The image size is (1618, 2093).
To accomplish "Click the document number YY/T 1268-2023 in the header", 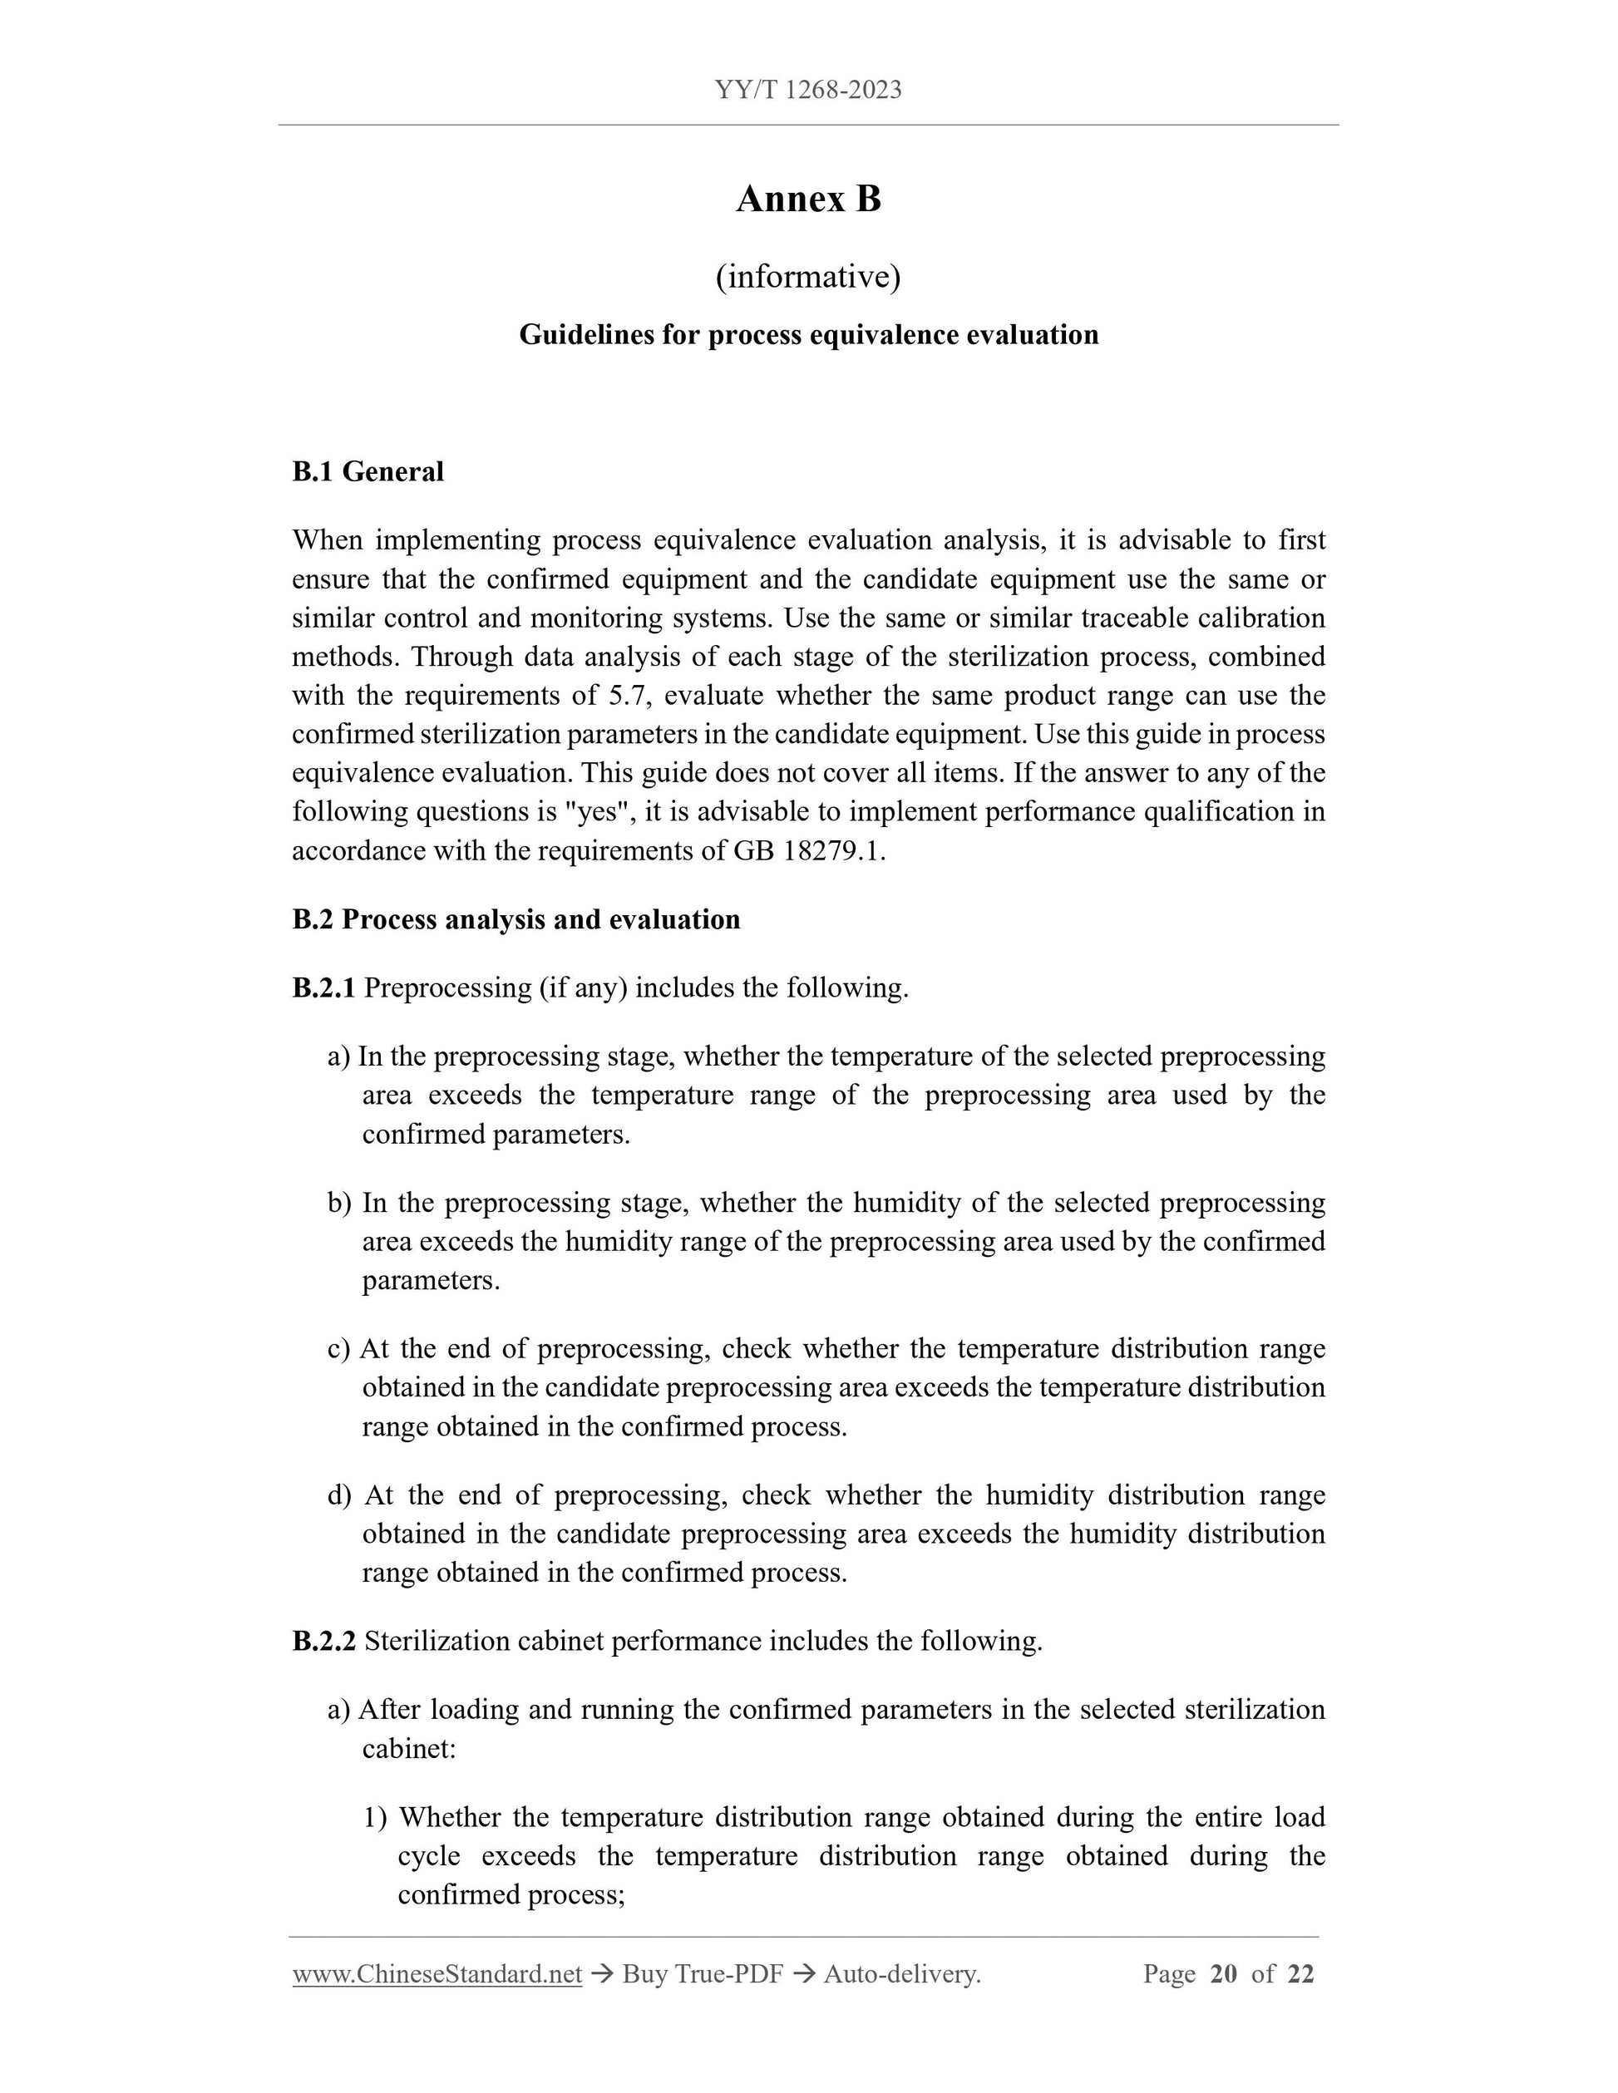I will [x=808, y=90].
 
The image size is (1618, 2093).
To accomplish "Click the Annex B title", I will [x=808, y=199].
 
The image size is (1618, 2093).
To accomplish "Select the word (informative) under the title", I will [x=808, y=277].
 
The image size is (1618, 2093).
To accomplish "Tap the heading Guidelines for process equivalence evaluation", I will [x=808, y=334].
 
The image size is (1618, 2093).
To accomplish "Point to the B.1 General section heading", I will [x=368, y=471].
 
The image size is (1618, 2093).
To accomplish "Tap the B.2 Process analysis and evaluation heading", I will [x=515, y=919].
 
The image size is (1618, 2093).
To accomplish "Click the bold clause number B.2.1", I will [x=324, y=987].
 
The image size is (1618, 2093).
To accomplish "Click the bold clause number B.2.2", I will [x=324, y=1641].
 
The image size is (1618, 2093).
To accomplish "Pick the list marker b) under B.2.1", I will [x=339, y=1203].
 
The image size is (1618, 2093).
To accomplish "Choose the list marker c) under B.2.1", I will [x=338, y=1348].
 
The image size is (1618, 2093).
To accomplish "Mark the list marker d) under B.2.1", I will [x=339, y=1495].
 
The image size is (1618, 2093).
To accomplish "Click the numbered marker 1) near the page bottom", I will [x=375, y=1817].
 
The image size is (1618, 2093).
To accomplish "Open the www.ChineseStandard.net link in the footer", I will [x=437, y=1974].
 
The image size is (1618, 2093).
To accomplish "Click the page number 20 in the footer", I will [x=1223, y=1974].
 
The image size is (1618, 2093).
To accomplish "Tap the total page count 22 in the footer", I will [x=1300, y=1974].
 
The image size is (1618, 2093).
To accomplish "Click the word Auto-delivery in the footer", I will [x=901, y=1974].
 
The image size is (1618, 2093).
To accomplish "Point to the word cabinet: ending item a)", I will [x=408, y=1749].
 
